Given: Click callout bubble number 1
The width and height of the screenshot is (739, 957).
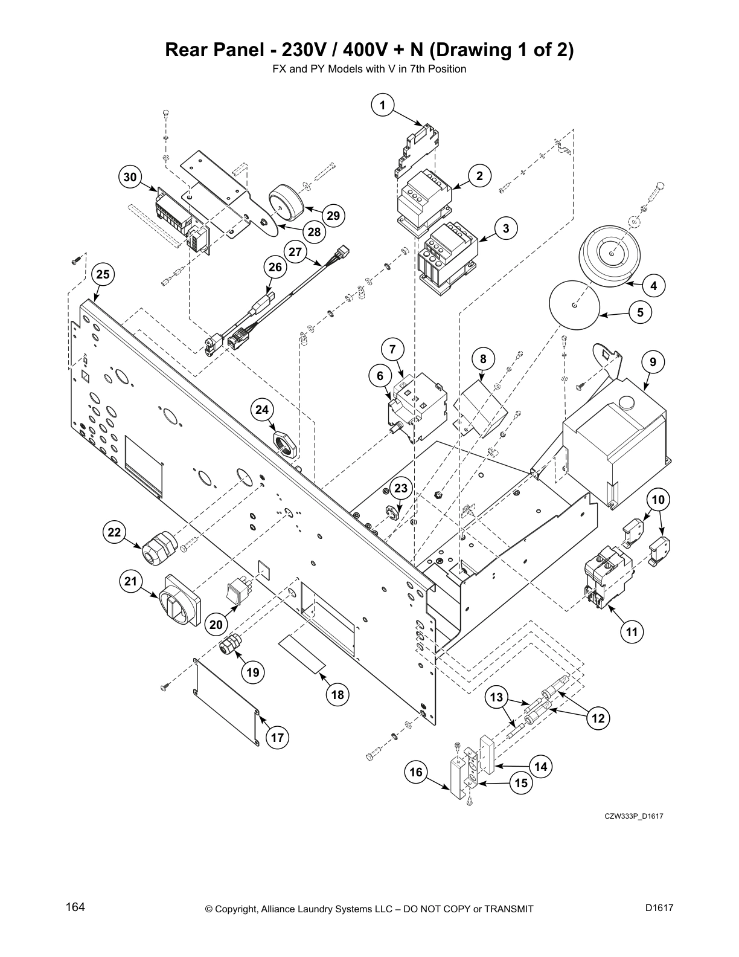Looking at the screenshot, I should (382, 106).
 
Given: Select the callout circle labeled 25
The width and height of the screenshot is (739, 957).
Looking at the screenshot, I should (103, 274).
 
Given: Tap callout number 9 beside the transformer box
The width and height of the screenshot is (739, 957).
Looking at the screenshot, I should (653, 362).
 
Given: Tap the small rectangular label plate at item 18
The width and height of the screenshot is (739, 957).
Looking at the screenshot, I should (302, 654).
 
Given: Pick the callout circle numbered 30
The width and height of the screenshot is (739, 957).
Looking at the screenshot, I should (130, 177).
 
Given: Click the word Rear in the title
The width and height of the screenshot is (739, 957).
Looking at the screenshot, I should (185, 50).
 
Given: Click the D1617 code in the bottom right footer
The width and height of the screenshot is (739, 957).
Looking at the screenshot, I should (659, 907).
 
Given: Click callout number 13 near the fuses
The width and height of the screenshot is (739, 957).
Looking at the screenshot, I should (496, 698).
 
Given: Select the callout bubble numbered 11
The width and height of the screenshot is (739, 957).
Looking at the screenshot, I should (632, 632).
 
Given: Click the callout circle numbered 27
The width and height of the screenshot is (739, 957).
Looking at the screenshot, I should (295, 252).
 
